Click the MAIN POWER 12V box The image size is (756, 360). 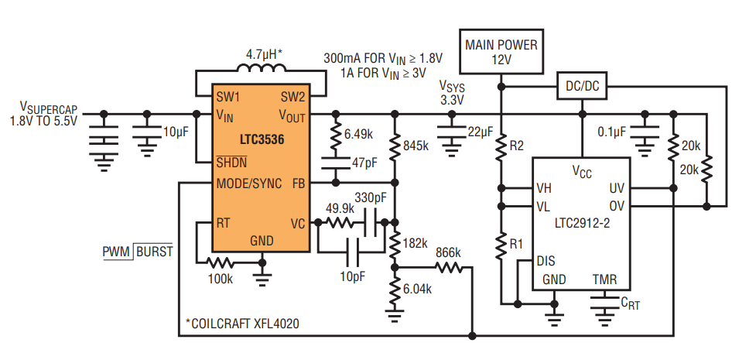click(501, 52)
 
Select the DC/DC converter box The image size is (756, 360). click(583, 87)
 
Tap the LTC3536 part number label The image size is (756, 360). click(262, 140)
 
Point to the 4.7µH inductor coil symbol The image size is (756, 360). click(260, 69)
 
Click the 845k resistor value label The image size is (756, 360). click(416, 146)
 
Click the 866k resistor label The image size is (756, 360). click(448, 253)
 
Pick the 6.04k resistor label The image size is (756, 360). click(417, 290)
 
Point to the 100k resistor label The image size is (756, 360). click(221, 279)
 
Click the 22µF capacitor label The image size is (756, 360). click(481, 132)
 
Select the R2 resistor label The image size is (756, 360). click(516, 146)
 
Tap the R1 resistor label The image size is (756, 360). click(516, 244)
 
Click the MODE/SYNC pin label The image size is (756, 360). click(249, 183)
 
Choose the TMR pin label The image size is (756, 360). click(604, 279)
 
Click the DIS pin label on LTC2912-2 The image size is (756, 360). click(546, 262)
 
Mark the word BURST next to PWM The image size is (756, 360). click(154, 252)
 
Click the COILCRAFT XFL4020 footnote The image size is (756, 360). click(242, 324)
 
